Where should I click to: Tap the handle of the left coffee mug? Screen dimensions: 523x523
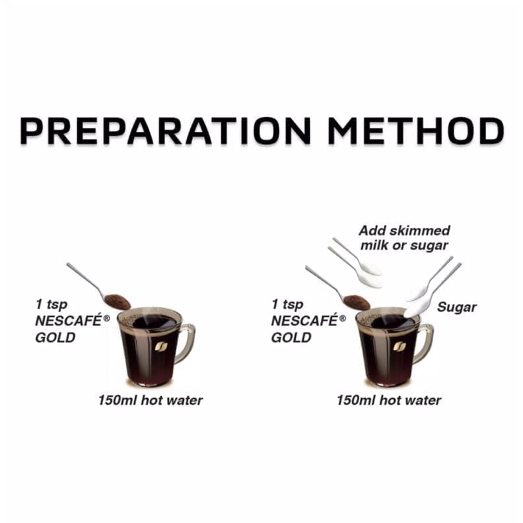186,343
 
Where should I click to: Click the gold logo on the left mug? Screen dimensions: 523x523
161,347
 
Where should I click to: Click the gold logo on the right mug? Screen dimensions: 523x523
400,347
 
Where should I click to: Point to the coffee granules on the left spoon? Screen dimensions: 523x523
117,302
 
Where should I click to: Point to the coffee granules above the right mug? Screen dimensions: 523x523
356,302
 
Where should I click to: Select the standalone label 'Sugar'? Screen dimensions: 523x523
456,307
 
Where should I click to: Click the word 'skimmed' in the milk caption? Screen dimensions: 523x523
420,230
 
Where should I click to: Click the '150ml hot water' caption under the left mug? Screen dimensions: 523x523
151,400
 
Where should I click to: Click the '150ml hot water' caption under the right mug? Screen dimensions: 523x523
389,400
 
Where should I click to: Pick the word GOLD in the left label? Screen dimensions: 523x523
55,337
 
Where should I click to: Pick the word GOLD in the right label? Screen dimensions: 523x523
291,337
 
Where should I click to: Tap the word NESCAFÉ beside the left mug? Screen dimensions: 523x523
69,320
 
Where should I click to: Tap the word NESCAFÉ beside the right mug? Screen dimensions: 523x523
304,320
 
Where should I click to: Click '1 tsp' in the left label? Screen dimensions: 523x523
52,304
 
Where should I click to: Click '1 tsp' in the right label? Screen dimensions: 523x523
287,304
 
